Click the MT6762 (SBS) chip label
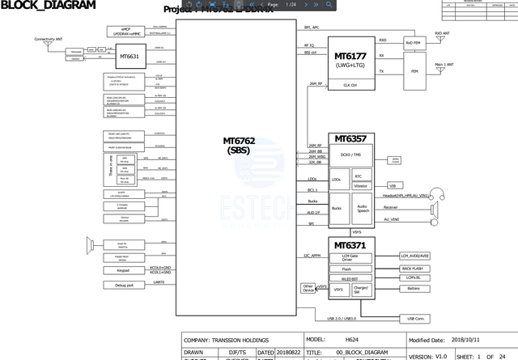[239, 145]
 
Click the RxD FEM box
[413, 41]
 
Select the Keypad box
[123, 270]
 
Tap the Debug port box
[123, 285]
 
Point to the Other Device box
[308, 287]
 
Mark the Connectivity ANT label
[49, 39]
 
